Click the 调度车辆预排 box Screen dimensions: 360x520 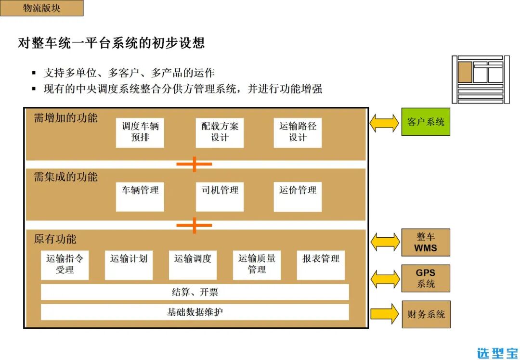[x=140, y=132]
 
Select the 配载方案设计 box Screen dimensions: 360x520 [x=220, y=132]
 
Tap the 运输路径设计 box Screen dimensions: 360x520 [x=298, y=132]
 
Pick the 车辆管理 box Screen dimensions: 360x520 [x=140, y=196]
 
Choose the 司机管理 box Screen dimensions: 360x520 [x=220, y=196]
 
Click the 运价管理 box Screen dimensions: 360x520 [x=298, y=196]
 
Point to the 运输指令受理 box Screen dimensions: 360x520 [x=65, y=265]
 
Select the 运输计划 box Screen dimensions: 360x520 [x=129, y=265]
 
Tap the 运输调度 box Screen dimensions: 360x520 [x=193, y=265]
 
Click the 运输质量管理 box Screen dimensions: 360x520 [x=257, y=265]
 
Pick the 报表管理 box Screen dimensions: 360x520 [x=321, y=265]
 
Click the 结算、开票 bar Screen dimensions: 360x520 [x=195, y=292]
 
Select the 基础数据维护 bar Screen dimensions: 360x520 [x=195, y=312]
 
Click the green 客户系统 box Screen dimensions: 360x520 [x=426, y=122]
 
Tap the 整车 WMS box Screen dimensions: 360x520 [x=426, y=243]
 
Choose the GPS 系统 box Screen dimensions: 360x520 [x=426, y=278]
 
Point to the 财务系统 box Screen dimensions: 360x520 [x=426, y=315]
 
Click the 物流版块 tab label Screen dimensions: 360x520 [x=41, y=8]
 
